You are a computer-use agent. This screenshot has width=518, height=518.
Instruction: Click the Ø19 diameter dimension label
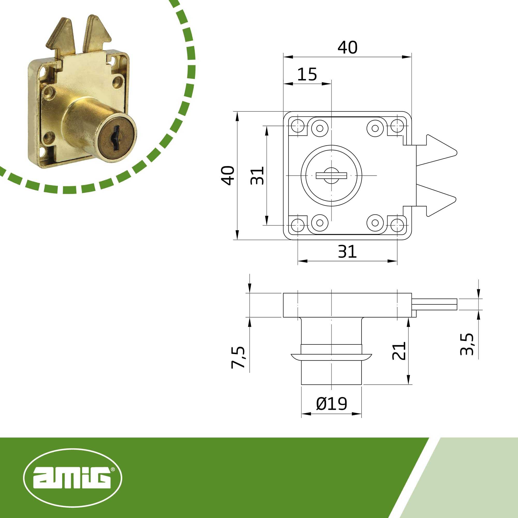[x=332, y=404]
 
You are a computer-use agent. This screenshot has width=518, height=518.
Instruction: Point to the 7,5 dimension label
[x=238, y=357]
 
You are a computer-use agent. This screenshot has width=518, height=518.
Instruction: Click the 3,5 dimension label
[x=467, y=344]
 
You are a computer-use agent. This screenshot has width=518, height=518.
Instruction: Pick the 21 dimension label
[x=399, y=351]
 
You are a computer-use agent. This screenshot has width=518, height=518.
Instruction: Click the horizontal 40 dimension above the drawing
[x=347, y=47]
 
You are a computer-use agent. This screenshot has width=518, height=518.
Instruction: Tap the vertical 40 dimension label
[x=228, y=176]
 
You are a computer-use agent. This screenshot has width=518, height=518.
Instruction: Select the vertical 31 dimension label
[x=257, y=176]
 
